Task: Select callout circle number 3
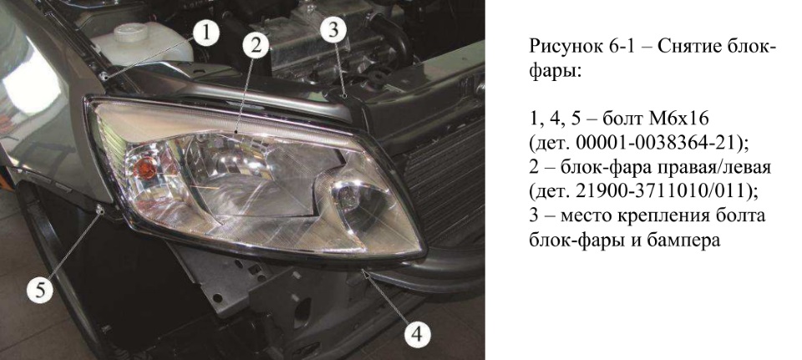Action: tap(333, 31)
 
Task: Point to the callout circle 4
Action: tap(417, 336)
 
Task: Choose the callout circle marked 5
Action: tap(40, 290)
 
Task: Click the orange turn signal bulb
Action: tap(146, 168)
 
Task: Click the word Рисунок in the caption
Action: tap(565, 48)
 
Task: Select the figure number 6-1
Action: tap(620, 48)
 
